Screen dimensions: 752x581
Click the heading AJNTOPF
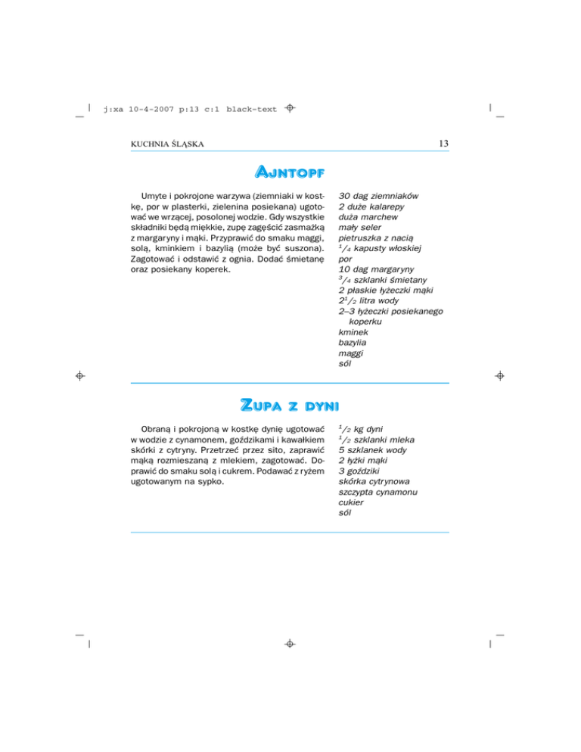point(290,175)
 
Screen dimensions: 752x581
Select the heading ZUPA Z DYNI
point(290,405)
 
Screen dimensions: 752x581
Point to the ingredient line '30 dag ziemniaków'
point(381,195)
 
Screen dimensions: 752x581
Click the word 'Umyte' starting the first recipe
point(155,195)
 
